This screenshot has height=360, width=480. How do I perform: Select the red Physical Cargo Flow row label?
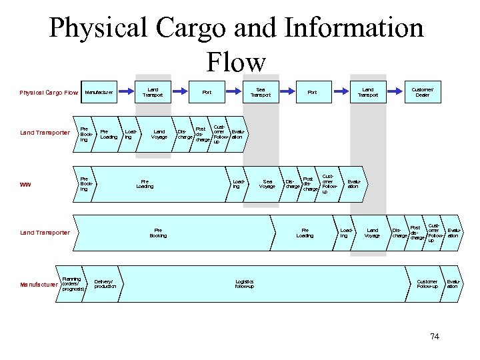click(49, 92)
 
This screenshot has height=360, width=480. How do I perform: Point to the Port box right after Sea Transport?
click(311, 92)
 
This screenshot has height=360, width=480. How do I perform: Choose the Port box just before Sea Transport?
click(207, 92)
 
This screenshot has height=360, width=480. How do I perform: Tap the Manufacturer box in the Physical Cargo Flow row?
click(99, 92)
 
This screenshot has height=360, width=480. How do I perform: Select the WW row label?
click(26, 185)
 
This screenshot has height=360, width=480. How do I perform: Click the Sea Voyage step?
click(268, 183)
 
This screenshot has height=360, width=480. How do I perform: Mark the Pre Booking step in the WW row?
click(85, 183)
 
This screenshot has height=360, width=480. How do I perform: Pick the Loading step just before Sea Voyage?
click(237, 183)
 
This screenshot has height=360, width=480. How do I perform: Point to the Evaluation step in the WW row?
click(353, 183)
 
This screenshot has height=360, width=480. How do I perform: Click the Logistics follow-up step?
click(244, 284)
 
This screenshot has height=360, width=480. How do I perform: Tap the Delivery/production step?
click(105, 284)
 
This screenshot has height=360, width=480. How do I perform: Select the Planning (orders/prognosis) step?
click(71, 284)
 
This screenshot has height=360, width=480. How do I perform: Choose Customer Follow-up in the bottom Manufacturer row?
click(427, 284)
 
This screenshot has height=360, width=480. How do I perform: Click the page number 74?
click(435, 336)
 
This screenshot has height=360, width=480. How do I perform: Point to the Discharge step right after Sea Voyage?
click(292, 184)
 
